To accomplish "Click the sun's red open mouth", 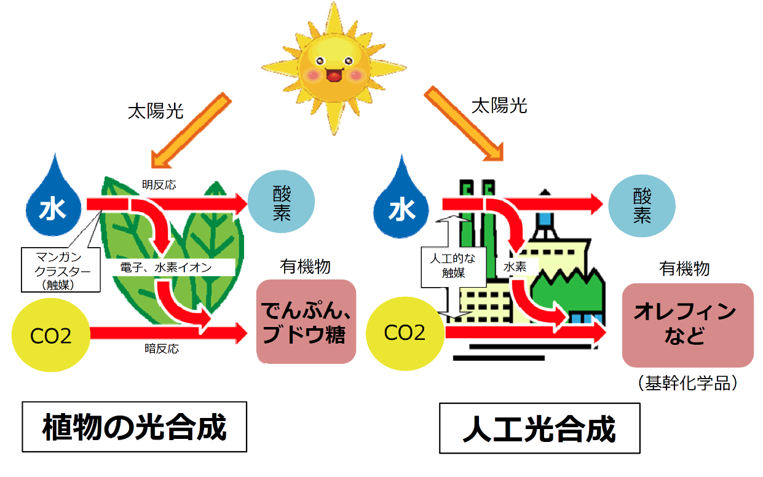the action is tap(334, 75).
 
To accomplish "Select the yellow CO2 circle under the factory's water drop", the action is tap(405, 333).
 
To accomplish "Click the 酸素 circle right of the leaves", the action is tap(282, 202).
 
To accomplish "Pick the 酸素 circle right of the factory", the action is tap(642, 206).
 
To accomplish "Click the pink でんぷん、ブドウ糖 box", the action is tap(306, 321).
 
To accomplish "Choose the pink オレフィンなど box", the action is tap(688, 325).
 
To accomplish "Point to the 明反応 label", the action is tap(159, 185).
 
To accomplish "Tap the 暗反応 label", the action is tap(162, 349).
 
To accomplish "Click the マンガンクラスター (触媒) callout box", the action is tap(61, 270).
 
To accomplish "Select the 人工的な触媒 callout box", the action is tap(453, 267).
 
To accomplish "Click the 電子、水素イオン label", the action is tap(166, 267).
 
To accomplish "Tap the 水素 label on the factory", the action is tap(515, 267).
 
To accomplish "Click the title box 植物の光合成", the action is tap(135, 427).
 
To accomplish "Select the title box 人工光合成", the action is tap(540, 428).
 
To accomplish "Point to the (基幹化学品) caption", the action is tap(688, 383).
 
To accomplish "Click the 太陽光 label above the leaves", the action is tap(156, 111).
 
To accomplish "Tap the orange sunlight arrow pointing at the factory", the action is tap(464, 124).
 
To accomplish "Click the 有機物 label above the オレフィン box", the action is tap(684, 269).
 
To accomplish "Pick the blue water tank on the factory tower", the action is tap(545, 219).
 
